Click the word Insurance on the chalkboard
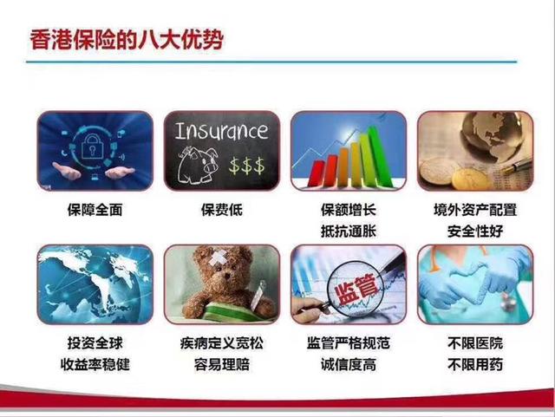pos(221,132)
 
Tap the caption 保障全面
pos(95,211)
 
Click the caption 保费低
pos(221,211)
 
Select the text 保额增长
pos(348,211)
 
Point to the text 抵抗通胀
pos(348,232)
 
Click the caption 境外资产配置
pos(474,211)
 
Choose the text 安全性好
pos(474,232)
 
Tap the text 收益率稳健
pos(95,365)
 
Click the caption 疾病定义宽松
pos(221,343)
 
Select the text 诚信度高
pos(348,365)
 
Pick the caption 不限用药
pos(474,365)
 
